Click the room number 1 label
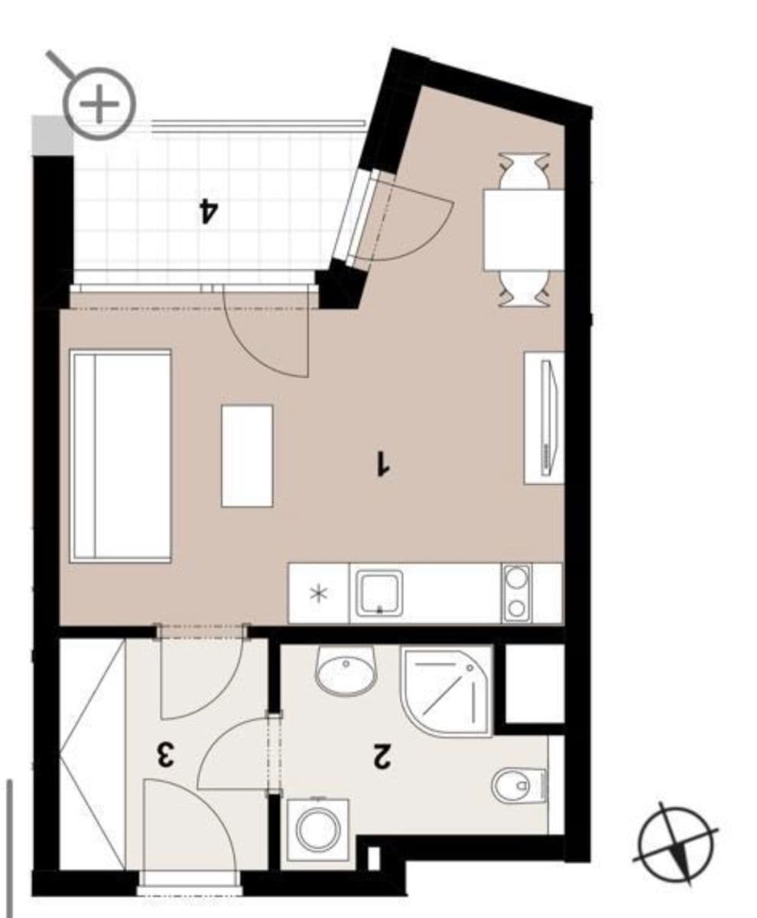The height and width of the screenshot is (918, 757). [383, 464]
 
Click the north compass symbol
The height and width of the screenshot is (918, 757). [675, 843]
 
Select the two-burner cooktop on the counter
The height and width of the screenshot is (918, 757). [517, 593]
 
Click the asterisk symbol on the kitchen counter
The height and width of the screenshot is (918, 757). [318, 594]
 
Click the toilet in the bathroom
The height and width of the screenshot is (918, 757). [518, 785]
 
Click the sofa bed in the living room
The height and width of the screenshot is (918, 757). [120, 456]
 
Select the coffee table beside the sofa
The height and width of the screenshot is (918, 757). [247, 455]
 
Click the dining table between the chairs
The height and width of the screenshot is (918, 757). [524, 229]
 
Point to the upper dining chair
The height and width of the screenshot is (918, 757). [524, 168]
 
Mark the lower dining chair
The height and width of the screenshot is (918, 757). [524, 290]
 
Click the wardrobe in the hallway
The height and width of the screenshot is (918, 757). [93, 754]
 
